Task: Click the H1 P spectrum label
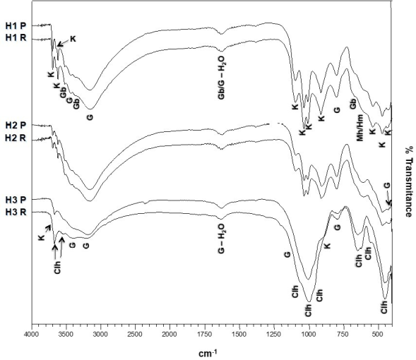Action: click(13, 26)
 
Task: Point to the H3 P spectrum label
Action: click(13, 200)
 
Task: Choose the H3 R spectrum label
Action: click(13, 212)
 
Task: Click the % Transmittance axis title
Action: click(409, 184)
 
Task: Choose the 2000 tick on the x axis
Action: click(169, 330)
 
